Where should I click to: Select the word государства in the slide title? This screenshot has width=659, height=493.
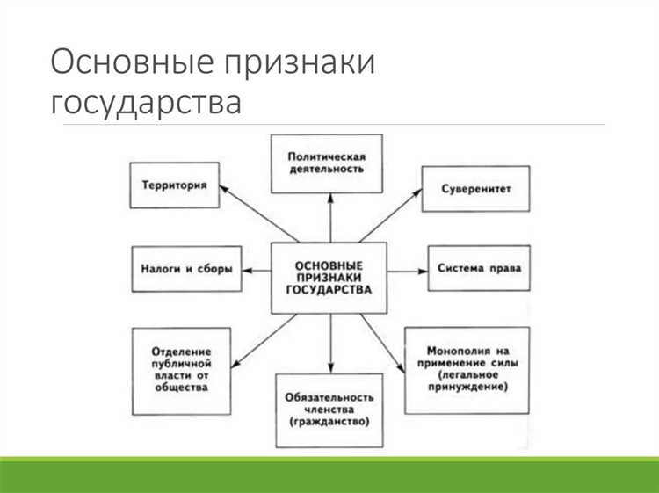145,102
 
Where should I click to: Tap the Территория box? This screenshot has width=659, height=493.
174,185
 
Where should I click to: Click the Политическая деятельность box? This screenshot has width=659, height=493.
326,163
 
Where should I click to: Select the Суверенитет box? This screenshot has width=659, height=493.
476,188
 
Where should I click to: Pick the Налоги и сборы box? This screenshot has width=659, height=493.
186,268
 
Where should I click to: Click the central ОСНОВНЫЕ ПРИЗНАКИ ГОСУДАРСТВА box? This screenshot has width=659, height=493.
329,277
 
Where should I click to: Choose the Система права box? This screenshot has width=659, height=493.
479,268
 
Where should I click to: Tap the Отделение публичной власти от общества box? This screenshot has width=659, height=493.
182,370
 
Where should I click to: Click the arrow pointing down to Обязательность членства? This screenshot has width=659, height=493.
329,343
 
